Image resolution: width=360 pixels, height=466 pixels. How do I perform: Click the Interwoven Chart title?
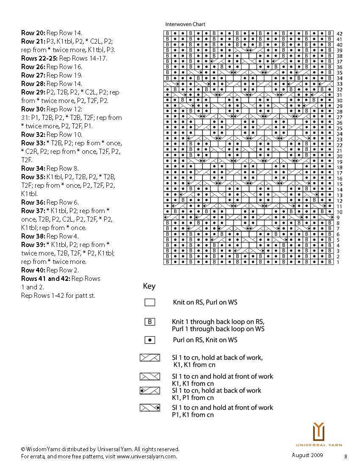[185, 25]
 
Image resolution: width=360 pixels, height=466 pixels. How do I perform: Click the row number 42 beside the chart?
[339, 33]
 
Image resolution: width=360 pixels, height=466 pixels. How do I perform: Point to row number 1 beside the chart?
[338, 262]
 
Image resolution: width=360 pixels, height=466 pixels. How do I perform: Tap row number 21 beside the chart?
[339, 151]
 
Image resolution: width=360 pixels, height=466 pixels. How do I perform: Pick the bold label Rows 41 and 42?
[46, 278]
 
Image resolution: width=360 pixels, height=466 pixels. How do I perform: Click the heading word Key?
[149, 286]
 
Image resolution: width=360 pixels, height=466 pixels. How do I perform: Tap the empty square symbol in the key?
[150, 302]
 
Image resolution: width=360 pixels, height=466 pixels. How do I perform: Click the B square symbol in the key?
[150, 322]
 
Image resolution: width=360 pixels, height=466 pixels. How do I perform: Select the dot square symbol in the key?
[150, 340]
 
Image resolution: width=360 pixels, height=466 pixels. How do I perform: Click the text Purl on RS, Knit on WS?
[205, 340]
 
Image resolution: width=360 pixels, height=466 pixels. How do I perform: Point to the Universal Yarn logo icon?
[318, 432]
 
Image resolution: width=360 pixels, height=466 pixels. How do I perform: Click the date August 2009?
[307, 455]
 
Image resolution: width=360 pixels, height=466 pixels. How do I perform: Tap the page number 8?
[346, 456]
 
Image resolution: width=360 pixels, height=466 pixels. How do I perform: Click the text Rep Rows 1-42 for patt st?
[58, 295]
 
